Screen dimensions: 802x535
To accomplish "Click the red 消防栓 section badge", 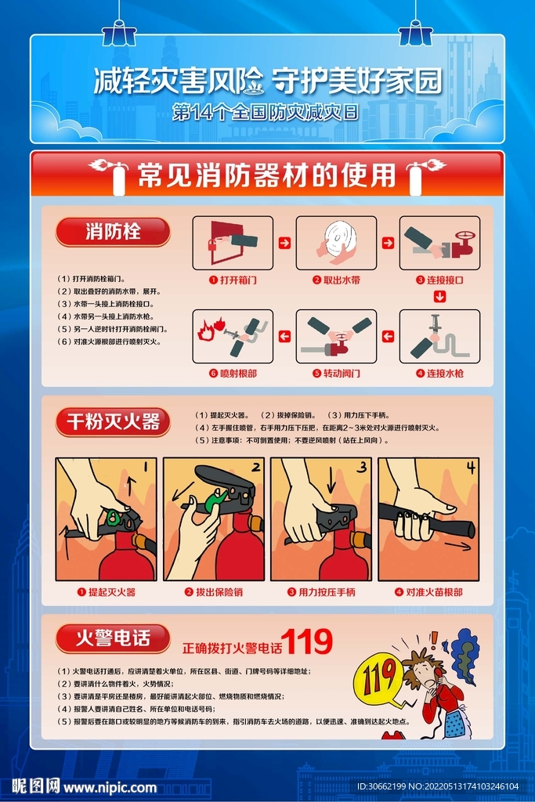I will pyautogui.click(x=113, y=232).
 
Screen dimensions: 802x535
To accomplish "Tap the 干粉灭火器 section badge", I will pyautogui.click(x=113, y=422).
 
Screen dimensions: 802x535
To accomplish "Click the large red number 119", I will pyautogui.click(x=307, y=643).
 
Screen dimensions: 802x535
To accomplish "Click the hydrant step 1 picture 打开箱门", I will pyautogui.click(x=232, y=243).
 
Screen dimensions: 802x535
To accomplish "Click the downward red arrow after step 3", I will pyautogui.click(x=439, y=297).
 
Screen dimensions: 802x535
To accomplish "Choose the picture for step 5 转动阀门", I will pyautogui.click(x=336, y=336).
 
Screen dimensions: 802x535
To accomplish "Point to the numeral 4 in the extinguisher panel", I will pyautogui.click(x=470, y=468).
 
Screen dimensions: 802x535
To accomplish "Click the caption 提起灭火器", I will pyautogui.click(x=106, y=592).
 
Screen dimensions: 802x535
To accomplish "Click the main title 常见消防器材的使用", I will pyautogui.click(x=266, y=175).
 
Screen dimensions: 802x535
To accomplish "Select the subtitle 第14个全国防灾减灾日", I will pyautogui.click(x=266, y=112).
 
